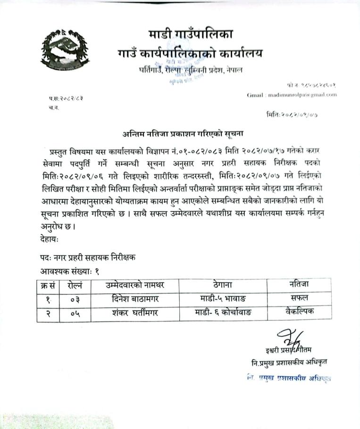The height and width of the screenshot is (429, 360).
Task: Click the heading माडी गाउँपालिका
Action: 190,34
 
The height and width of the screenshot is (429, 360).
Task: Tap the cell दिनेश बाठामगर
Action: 135,299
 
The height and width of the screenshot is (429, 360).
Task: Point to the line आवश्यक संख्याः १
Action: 70,272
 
